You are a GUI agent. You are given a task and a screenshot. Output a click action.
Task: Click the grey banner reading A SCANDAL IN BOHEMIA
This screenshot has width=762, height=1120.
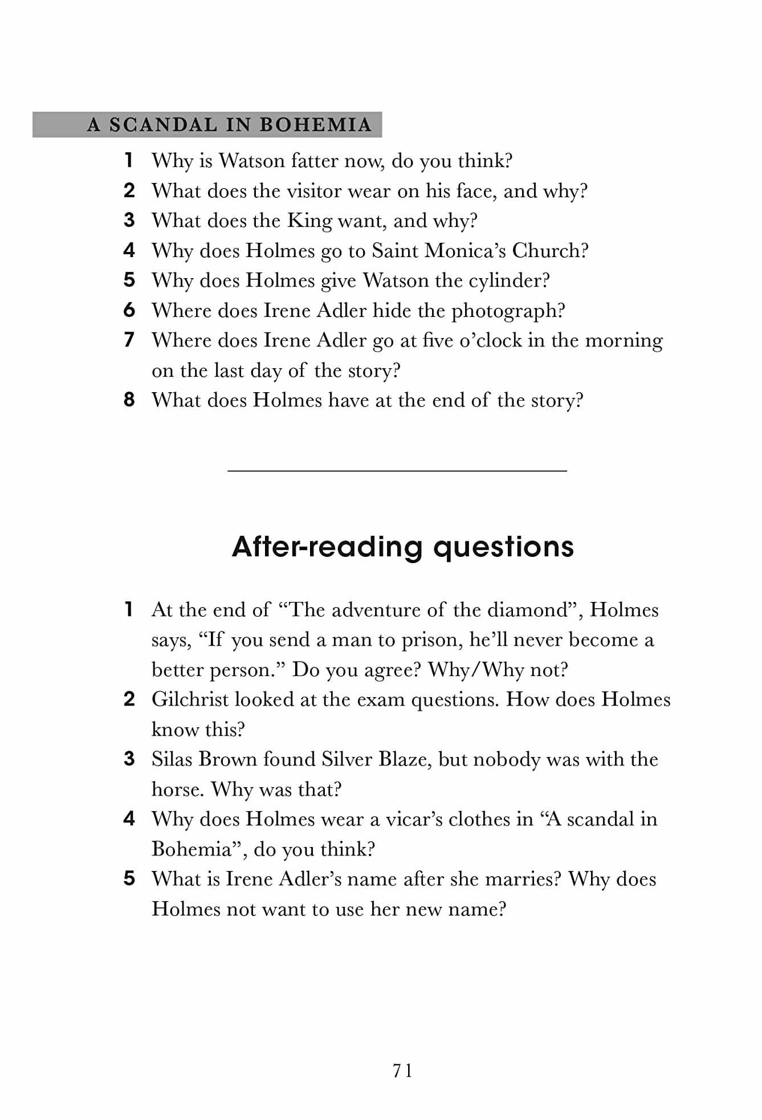[x=207, y=124]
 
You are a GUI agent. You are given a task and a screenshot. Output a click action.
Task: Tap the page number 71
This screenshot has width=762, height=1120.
[x=402, y=1071]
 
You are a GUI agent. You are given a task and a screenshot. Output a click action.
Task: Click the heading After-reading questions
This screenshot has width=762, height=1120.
[x=402, y=547]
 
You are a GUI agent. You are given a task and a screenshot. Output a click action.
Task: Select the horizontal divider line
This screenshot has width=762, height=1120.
[x=397, y=471]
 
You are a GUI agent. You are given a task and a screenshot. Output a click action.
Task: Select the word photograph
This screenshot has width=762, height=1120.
[x=507, y=311]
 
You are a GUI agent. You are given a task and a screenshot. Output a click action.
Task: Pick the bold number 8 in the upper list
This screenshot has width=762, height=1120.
[x=129, y=400]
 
